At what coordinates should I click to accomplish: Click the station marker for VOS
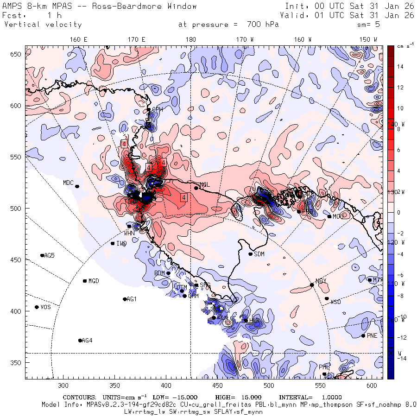[x=37, y=307]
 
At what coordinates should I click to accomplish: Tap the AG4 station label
[x=87, y=341]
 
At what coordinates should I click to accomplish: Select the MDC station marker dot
[x=77, y=186]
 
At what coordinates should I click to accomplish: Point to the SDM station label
[x=259, y=254]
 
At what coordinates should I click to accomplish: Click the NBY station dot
[x=312, y=285]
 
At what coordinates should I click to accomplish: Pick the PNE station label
[x=372, y=336]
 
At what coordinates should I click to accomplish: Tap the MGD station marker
[x=85, y=281]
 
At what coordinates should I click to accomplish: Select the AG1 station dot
[x=125, y=299]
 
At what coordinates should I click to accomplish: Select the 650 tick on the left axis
[x=18, y=54]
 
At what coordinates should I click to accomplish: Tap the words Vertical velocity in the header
[x=43, y=25]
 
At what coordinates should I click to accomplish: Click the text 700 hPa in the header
[x=262, y=25]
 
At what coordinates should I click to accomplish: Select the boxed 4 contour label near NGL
[x=184, y=197]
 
